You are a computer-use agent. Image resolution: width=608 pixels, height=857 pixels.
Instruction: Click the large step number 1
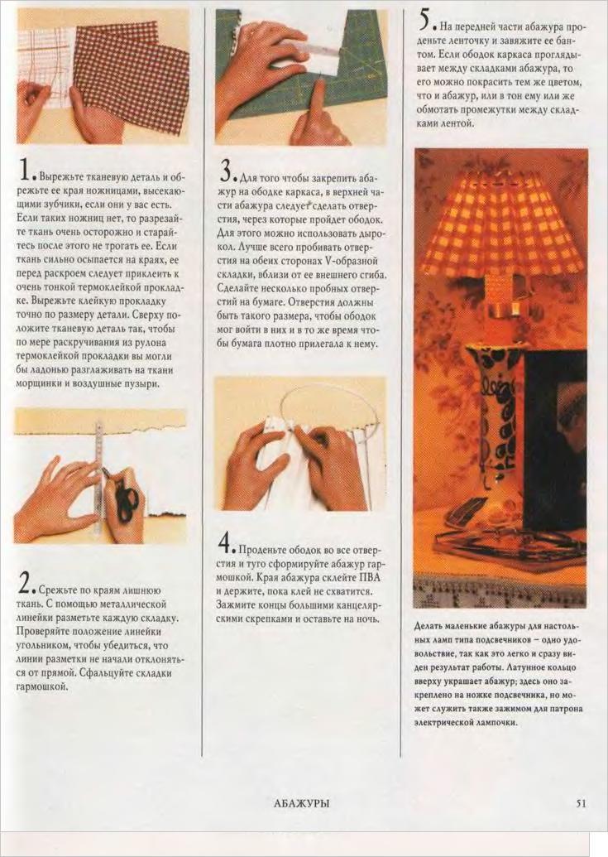pyautogui.click(x=24, y=170)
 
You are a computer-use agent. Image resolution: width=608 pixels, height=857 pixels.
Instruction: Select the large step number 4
pyautogui.click(x=227, y=542)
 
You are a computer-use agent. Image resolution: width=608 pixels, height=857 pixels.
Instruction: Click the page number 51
pyautogui.click(x=581, y=803)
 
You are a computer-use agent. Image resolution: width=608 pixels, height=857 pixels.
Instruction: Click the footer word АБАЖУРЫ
pyautogui.click(x=302, y=803)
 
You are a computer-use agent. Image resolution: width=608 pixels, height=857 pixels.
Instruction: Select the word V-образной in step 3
pyautogui.click(x=354, y=261)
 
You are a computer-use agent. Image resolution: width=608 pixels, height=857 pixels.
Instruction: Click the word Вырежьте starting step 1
pyautogui.click(x=60, y=178)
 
